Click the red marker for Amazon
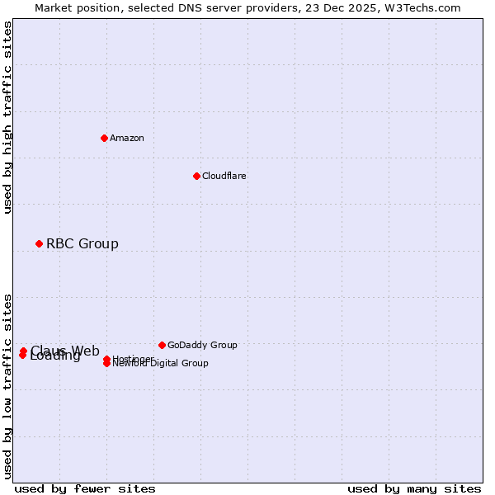pyautogui.click(x=104, y=138)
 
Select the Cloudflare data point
pyautogui.click(x=196, y=176)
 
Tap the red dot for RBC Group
pyautogui.click(x=39, y=243)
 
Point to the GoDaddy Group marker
pyautogui.click(x=162, y=345)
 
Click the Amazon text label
pyautogui.click(x=127, y=138)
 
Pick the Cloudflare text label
pyautogui.click(x=224, y=176)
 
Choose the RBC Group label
pyautogui.click(x=82, y=243)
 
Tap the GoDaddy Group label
pyautogui.click(x=202, y=345)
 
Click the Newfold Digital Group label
pyautogui.click(x=161, y=364)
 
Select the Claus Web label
pyautogui.click(x=65, y=351)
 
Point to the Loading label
pyautogui.click(x=55, y=356)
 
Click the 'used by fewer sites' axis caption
pyautogui.click(x=85, y=488)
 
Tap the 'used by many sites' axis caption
pyautogui.click(x=414, y=488)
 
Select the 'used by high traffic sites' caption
pyautogui.click(x=7, y=117)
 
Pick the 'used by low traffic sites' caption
pyautogui.click(x=7, y=385)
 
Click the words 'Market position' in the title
pyautogui.click(x=73, y=7)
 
